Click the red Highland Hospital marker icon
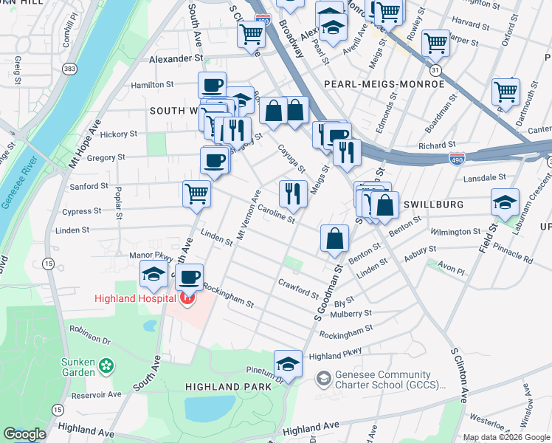click(x=187, y=298)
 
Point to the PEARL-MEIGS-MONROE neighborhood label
click(x=384, y=84)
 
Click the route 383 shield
click(x=70, y=69)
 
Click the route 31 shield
click(x=436, y=69)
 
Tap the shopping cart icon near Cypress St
click(x=196, y=193)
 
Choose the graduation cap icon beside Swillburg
click(x=505, y=202)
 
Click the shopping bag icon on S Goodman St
click(x=334, y=238)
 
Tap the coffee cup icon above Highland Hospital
click(x=190, y=276)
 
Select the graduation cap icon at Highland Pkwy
click(x=288, y=363)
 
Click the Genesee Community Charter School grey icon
click(x=322, y=379)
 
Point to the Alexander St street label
click(x=176, y=58)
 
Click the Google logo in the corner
click(x=25, y=433)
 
